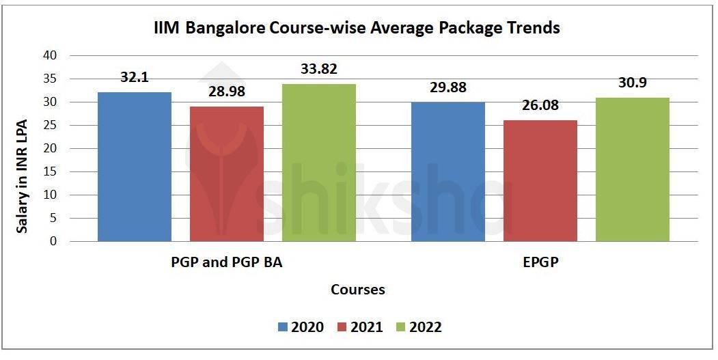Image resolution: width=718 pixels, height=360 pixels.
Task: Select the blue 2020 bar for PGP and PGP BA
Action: (x=135, y=167)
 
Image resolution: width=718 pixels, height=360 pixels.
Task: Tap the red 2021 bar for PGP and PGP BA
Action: (x=227, y=174)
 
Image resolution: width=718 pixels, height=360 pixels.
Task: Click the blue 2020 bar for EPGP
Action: (x=448, y=171)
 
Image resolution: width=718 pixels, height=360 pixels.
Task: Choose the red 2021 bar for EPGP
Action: (x=540, y=180)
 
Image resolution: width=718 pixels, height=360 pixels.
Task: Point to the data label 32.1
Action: (x=135, y=78)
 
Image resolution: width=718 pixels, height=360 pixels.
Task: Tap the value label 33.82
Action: (x=319, y=69)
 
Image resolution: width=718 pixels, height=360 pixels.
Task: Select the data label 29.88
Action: (x=448, y=88)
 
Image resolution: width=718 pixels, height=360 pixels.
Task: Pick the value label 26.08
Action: (x=540, y=106)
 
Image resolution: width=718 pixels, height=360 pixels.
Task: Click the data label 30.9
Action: (x=633, y=83)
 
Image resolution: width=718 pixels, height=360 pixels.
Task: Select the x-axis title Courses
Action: (x=358, y=290)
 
